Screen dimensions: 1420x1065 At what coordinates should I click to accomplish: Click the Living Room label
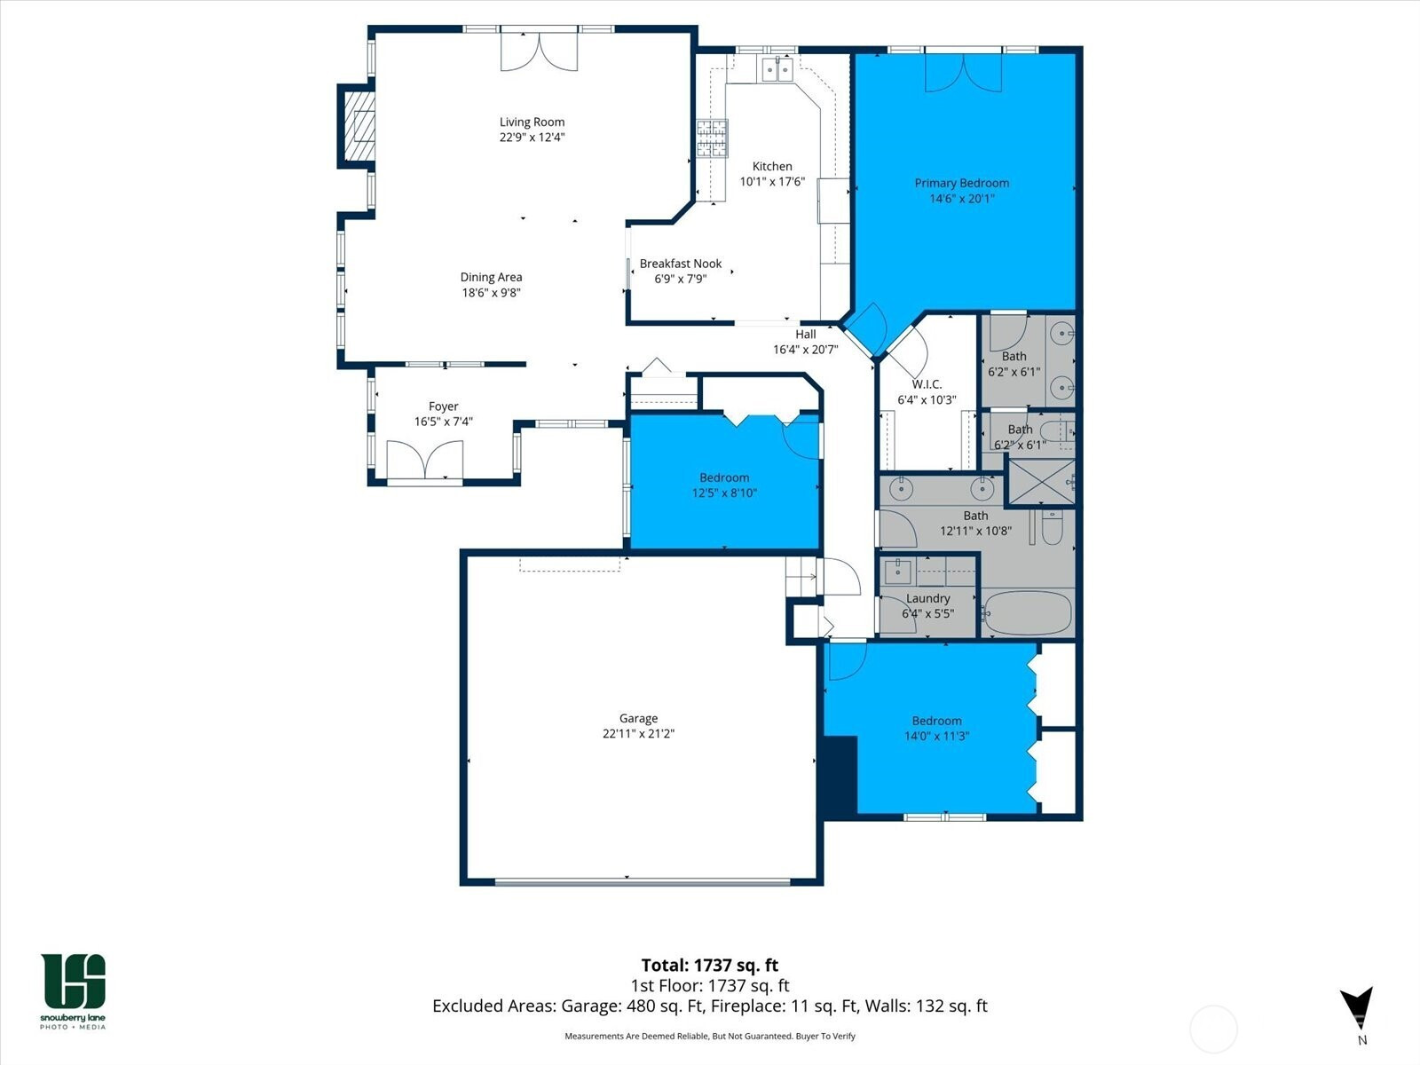point(532,122)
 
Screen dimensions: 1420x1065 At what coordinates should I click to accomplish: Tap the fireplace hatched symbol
point(359,126)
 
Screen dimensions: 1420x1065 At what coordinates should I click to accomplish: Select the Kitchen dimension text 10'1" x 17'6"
point(772,182)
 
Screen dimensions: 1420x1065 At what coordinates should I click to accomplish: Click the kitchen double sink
point(777,69)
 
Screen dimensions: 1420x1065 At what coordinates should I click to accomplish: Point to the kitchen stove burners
point(712,138)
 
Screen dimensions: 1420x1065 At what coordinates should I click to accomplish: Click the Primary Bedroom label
point(961,183)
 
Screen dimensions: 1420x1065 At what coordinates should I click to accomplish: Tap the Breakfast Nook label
point(681,264)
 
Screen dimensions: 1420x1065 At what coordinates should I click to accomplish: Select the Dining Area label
point(491,278)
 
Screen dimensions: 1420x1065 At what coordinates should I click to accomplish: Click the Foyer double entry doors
point(424,461)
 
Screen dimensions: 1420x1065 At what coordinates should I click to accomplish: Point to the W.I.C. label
point(927,384)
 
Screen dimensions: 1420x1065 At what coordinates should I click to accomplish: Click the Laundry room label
point(927,599)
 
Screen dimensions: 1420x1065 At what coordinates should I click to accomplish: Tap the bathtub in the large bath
point(1027,612)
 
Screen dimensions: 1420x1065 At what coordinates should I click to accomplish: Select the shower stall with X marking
point(1042,482)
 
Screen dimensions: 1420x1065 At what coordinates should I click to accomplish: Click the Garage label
point(638,718)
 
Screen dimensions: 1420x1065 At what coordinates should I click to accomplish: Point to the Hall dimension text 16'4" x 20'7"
point(806,350)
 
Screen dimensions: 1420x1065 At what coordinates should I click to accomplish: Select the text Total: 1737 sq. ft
point(710,966)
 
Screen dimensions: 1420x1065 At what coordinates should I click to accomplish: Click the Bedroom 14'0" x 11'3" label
point(936,721)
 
